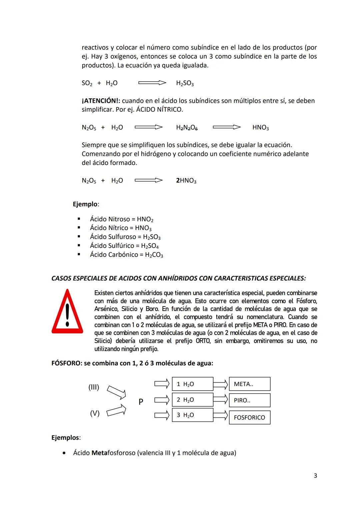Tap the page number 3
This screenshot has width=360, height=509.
tap(315, 476)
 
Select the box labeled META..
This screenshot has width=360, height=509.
tap(249, 384)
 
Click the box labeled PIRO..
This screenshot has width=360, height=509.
tap(249, 400)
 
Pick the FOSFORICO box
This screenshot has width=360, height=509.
tap(249, 417)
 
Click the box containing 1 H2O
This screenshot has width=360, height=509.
tap(192, 384)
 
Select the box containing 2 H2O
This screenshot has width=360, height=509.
tap(192, 400)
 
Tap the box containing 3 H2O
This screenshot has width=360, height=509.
tap(192, 415)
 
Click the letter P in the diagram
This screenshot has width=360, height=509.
tap(141, 402)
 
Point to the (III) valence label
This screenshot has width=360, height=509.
tap(94, 387)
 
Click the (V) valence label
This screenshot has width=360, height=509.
tap(95, 413)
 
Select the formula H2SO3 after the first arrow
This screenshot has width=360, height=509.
tap(185, 83)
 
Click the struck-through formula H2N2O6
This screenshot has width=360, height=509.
tap(187, 128)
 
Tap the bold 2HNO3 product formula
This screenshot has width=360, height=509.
tap(186, 181)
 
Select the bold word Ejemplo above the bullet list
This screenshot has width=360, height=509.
tap(85, 204)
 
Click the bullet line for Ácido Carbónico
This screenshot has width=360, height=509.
tap(126, 255)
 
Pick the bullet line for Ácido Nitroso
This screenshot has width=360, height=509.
tap(121, 219)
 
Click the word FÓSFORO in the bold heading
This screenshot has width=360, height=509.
tap(66, 363)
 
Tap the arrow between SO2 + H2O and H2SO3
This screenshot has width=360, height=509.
tap(152, 83)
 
